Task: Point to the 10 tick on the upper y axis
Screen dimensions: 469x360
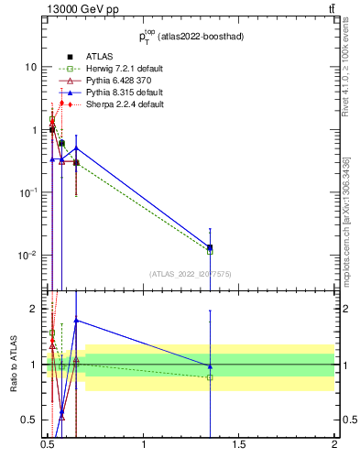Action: click(31, 68)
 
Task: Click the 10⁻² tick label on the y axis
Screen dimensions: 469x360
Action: click(28, 255)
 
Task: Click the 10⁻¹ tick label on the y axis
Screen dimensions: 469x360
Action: click(28, 192)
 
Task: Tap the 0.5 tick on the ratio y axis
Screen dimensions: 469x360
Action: click(31, 420)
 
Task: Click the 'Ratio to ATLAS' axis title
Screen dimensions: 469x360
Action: click(13, 365)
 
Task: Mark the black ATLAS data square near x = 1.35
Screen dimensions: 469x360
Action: click(210, 247)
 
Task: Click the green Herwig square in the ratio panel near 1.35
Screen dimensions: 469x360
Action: click(210, 376)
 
